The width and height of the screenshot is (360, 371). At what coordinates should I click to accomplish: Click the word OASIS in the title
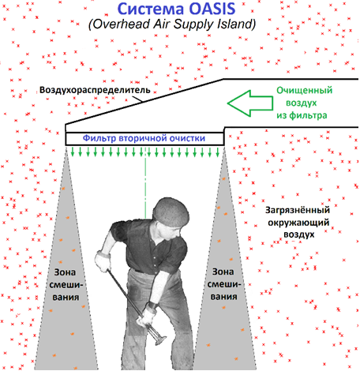tap(212, 9)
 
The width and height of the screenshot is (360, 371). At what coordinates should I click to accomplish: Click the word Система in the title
tap(151, 9)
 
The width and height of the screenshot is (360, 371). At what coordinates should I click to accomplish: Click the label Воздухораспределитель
tap(95, 90)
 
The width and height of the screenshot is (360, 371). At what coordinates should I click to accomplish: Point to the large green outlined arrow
tap(250, 103)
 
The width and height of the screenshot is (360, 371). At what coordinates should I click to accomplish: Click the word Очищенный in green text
tap(305, 91)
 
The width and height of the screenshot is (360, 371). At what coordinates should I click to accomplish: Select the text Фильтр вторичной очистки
tap(144, 138)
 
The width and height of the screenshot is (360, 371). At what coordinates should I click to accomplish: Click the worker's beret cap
tap(171, 212)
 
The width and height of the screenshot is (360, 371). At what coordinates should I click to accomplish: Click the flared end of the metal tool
tap(159, 338)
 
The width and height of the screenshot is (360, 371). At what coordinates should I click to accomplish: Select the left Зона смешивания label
tap(66, 285)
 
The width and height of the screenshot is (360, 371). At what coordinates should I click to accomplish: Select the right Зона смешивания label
tap(223, 284)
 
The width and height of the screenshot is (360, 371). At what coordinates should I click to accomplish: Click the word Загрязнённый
tap(298, 210)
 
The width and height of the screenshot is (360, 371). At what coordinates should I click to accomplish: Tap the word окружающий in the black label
tap(298, 223)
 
